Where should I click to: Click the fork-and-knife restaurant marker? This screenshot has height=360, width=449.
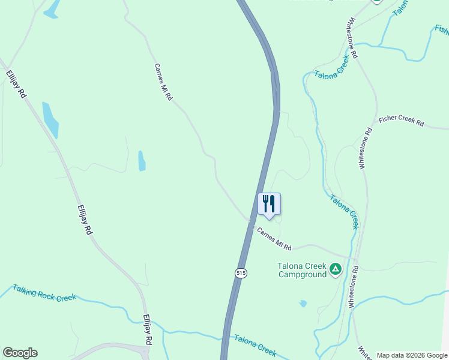pos(269,203)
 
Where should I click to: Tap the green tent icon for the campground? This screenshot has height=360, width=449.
pos(336,271)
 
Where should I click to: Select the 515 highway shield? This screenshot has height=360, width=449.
pos(241,272)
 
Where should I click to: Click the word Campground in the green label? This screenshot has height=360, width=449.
pos(303,275)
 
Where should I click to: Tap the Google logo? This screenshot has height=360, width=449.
pos(20,353)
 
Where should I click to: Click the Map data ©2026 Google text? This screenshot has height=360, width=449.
pos(411,355)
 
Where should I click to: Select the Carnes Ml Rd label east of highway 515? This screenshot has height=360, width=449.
pos(274,238)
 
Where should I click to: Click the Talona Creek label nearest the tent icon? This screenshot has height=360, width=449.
pos(344,211)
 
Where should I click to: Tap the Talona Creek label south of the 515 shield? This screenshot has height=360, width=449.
pos(255,344)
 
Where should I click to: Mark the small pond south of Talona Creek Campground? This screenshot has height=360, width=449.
pos(303,304)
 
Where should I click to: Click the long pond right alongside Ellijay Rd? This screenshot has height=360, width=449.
pos(50,119)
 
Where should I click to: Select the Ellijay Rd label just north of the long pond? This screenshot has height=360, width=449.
pos(16,84)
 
